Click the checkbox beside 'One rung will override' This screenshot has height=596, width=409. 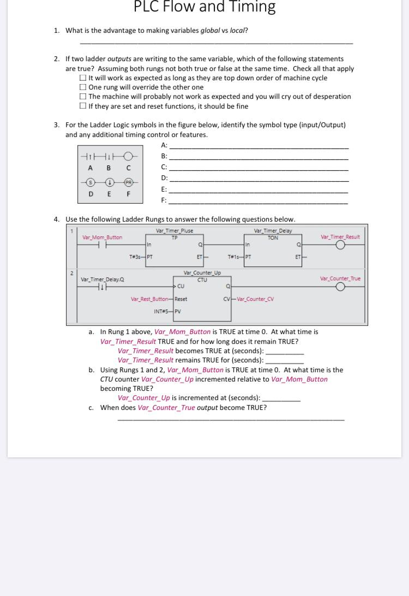pyautogui.click(x=83, y=87)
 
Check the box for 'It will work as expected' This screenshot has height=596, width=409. pyautogui.click(x=83, y=78)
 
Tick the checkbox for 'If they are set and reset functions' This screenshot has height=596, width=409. pyautogui.click(x=83, y=106)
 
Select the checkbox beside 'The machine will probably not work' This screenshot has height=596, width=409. pyautogui.click(x=83, y=97)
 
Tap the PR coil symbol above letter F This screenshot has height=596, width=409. pyautogui.click(x=128, y=182)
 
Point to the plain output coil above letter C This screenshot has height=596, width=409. pyautogui.click(x=128, y=156)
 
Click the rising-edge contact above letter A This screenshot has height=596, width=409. pyautogui.click(x=91, y=156)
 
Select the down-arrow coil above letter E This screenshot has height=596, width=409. pyautogui.click(x=109, y=182)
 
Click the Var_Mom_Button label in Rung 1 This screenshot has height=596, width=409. pyautogui.click(x=102, y=237)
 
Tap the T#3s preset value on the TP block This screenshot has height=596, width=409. pyautogui.click(x=135, y=257)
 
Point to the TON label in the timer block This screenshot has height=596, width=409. pyautogui.click(x=273, y=238)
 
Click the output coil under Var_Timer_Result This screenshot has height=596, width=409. pyautogui.click(x=340, y=246)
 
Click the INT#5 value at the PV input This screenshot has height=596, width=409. pyautogui.click(x=161, y=312)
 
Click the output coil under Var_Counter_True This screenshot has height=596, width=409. pyautogui.click(x=340, y=287)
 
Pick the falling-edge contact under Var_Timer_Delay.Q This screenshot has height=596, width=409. pyautogui.click(x=101, y=287)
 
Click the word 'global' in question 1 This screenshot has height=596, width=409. pyautogui.click(x=210, y=31)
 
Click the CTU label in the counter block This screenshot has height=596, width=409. pyautogui.click(x=202, y=279)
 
